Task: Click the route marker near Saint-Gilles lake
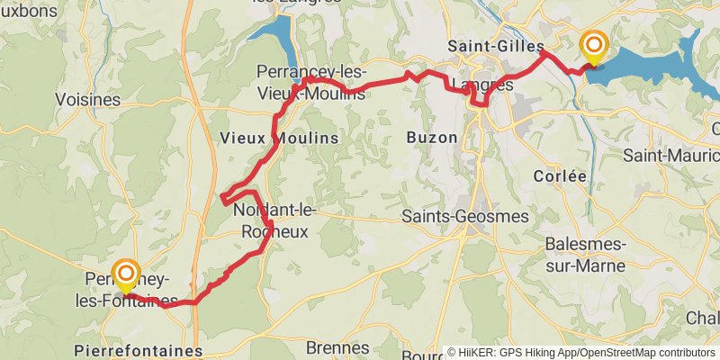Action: (593, 48)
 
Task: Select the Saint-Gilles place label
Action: (497, 45)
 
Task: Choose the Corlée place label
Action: (560, 175)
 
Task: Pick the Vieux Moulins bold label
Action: (279, 138)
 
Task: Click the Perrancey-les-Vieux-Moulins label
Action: (310, 81)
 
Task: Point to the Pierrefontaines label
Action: (139, 350)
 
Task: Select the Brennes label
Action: (337, 347)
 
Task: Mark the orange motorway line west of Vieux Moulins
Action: (189, 135)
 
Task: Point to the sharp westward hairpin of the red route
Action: (221, 197)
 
